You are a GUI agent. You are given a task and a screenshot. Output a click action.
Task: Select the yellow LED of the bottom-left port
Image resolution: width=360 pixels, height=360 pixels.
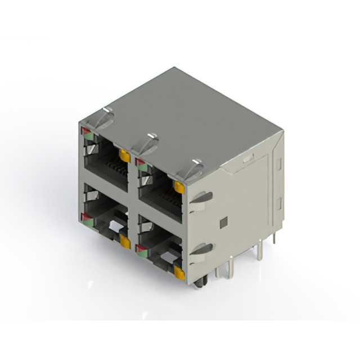pyautogui.click(x=124, y=242)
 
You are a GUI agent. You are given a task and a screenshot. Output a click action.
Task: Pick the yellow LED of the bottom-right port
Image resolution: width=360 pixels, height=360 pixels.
pyautogui.click(x=179, y=273)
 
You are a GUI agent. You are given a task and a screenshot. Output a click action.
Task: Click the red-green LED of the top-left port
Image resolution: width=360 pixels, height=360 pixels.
pyautogui.click(x=87, y=132)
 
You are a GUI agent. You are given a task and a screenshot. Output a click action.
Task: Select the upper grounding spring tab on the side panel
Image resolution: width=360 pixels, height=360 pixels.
pyautogui.click(x=201, y=198)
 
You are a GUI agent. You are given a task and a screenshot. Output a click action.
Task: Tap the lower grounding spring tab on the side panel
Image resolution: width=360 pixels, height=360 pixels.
pyautogui.click(x=201, y=249)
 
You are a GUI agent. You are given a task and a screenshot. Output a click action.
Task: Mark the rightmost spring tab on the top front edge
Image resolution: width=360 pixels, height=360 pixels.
pyautogui.click(x=192, y=168)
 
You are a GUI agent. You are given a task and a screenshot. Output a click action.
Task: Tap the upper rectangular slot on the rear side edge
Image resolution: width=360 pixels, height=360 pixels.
pyautogui.click(x=277, y=164)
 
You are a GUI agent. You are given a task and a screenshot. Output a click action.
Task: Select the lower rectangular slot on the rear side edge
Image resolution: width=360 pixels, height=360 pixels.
pyautogui.click(x=277, y=203)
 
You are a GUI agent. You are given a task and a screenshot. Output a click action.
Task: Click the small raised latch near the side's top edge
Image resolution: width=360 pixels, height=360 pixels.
pyautogui.click(x=246, y=159)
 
